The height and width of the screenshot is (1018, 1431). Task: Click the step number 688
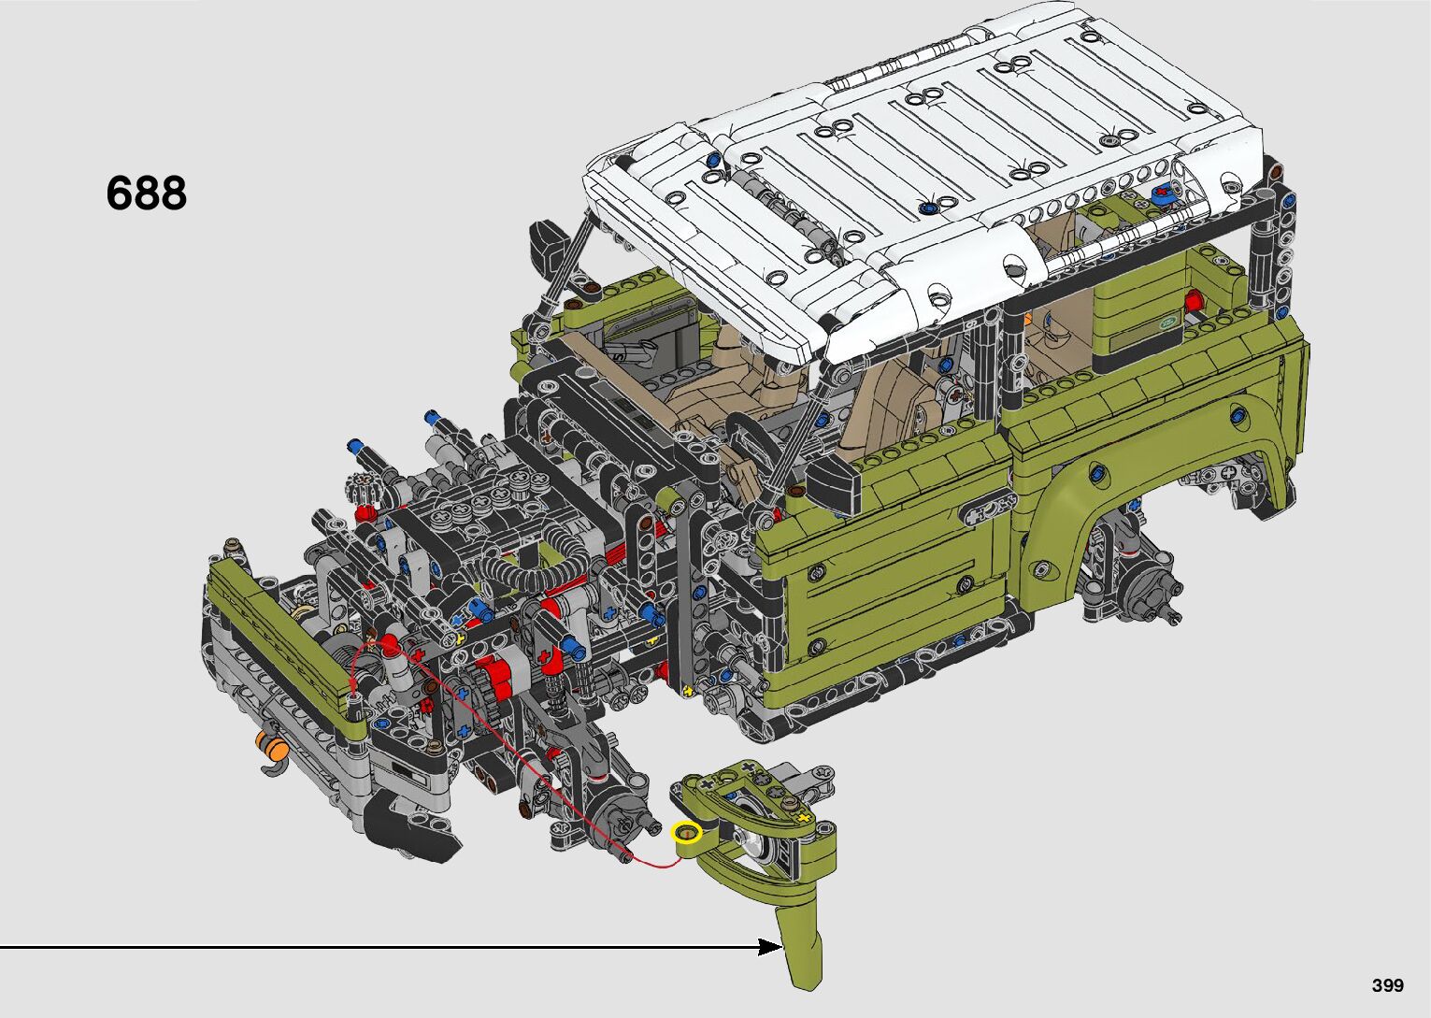point(147,193)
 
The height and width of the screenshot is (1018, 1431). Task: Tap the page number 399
point(1388,984)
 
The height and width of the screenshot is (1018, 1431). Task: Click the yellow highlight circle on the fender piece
point(687,832)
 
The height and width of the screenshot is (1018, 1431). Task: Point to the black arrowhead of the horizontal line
point(770,947)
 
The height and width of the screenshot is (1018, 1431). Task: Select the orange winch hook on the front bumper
point(270,746)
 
